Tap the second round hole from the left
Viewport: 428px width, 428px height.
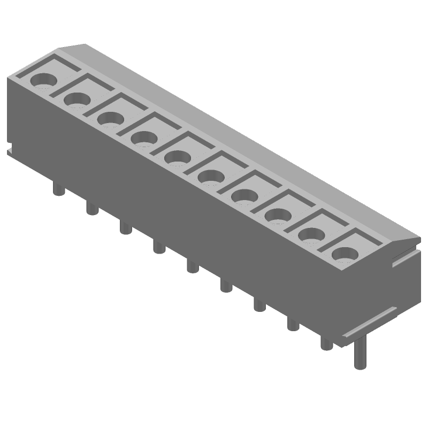pos(78,99)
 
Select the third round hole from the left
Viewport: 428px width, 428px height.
pos(111,118)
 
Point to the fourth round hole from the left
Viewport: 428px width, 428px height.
pos(144,138)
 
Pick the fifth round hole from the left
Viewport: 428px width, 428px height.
pos(177,157)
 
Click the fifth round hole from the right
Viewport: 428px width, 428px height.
pos(211,176)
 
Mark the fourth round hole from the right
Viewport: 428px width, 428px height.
pos(244,196)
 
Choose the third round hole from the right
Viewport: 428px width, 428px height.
pos(277,215)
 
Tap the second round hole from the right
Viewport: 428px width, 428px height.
pos(311,234)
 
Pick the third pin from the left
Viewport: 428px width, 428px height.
pos(125,227)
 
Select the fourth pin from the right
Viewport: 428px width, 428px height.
pos(259,304)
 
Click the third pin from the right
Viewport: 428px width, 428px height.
pos(293,324)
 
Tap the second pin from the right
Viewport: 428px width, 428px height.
pos(326,343)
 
